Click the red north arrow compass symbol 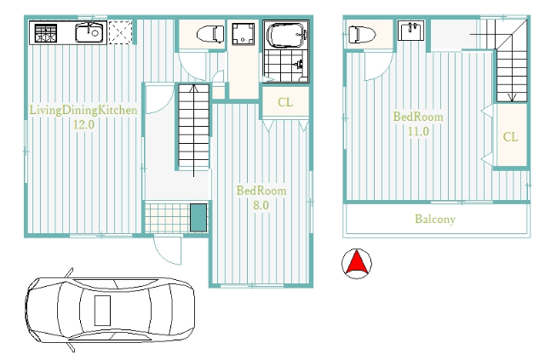coord(357,264)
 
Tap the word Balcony coord(435,220)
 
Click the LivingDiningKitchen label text coord(83,110)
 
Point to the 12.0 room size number coord(83,124)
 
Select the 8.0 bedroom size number coord(261,205)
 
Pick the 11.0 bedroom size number coord(418,132)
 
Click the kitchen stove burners coord(45,33)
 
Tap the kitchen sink coord(89,32)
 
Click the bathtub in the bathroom coord(286,35)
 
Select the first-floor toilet coord(210,34)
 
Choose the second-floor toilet coord(362,35)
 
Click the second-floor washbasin coord(410,31)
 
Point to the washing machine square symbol coord(244,33)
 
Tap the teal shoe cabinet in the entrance coord(198,218)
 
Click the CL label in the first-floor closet coord(285,102)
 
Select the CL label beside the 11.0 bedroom coord(510,137)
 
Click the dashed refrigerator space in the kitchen coord(120,32)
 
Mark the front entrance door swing coord(168,250)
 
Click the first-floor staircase coord(194,127)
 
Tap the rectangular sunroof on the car coord(102,311)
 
